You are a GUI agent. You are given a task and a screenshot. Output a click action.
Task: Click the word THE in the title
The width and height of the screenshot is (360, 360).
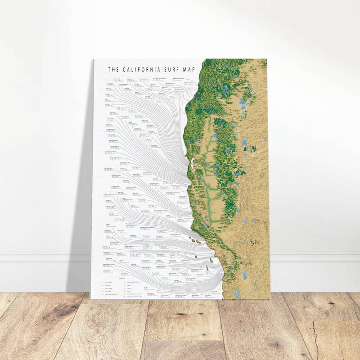pyautogui.click(x=113, y=70)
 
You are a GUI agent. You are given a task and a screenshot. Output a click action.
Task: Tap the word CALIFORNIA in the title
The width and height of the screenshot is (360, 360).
pyautogui.click(x=143, y=70)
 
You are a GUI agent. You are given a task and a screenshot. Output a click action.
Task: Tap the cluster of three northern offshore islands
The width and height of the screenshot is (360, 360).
pyautogui.click(x=195, y=241)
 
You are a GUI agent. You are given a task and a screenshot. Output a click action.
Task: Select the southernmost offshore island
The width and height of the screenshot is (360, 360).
pyautogui.click(x=207, y=268)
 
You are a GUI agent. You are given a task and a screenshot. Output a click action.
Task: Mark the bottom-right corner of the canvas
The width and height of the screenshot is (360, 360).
pyautogui.click(x=270, y=299)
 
